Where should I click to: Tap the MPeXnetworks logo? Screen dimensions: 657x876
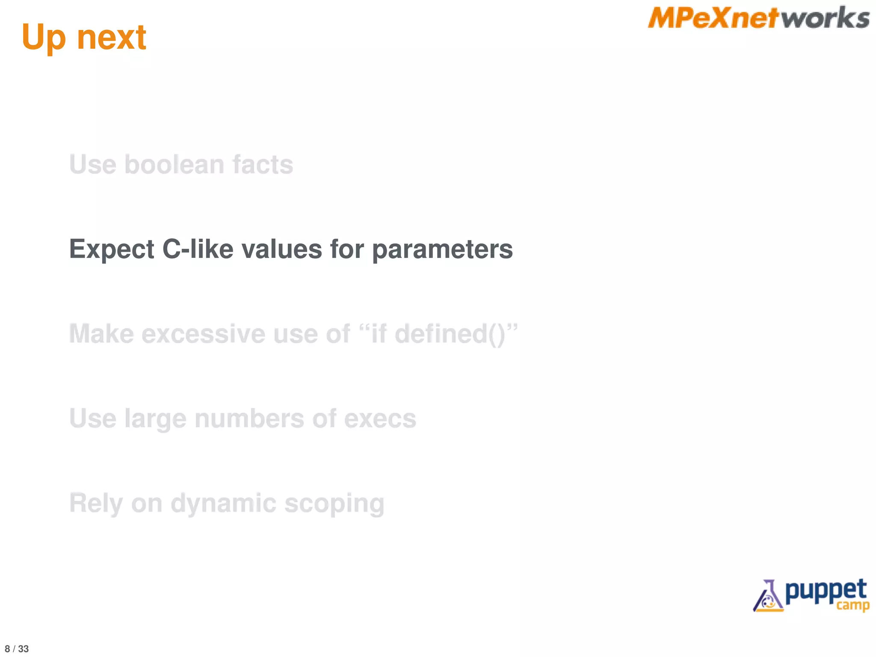758,18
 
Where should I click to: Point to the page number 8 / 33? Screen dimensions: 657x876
17,649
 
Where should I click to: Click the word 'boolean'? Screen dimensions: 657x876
174,165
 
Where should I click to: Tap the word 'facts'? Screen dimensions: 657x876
263,165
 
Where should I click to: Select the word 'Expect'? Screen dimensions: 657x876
112,249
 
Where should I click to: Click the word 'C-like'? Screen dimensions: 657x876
198,249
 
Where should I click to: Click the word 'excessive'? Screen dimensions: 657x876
204,334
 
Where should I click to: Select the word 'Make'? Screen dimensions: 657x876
101,334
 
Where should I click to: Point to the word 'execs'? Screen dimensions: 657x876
380,419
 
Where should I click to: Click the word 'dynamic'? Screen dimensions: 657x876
223,503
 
